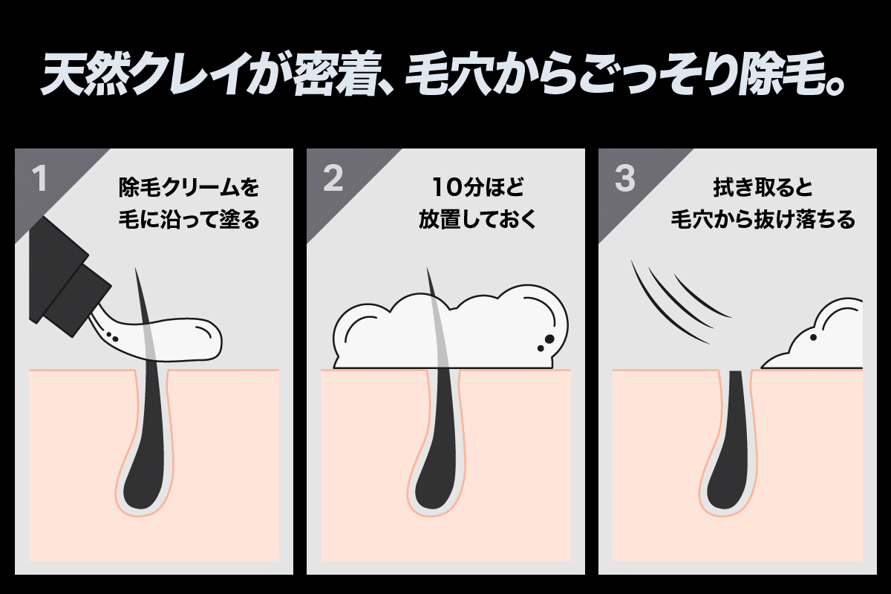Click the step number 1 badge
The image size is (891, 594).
(x=39, y=179)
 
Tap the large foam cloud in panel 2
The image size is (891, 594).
(x=446, y=330)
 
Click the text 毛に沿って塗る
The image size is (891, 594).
(x=189, y=221)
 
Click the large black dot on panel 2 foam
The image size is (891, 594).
(x=549, y=339)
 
